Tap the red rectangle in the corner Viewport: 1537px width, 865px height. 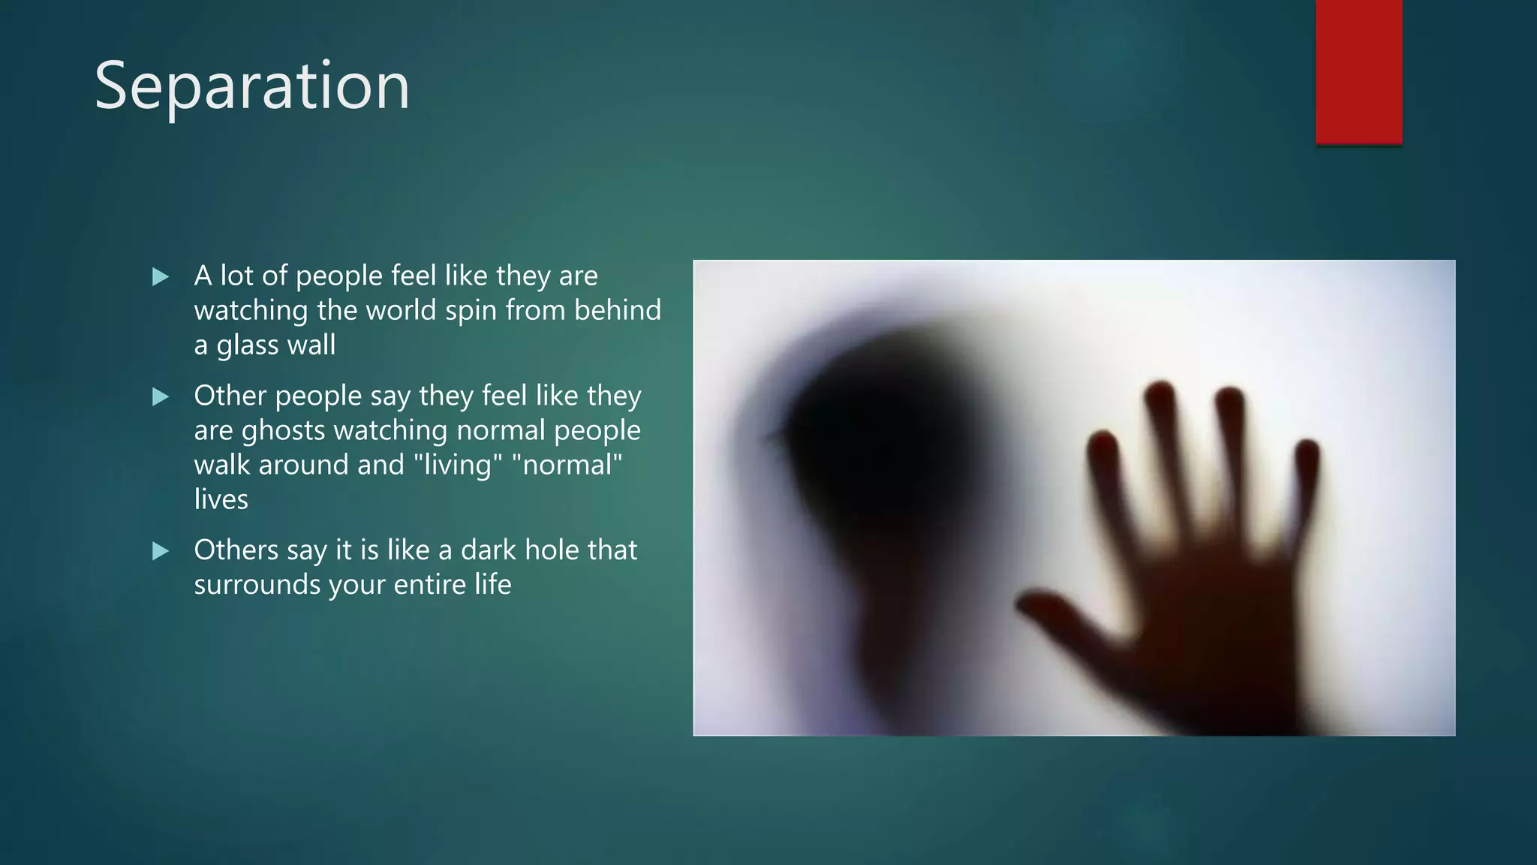(1358, 71)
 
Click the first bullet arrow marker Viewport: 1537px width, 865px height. (161, 277)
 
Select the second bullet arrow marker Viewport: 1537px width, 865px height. (161, 396)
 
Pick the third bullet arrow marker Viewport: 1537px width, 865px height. (161, 551)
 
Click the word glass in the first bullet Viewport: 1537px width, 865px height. (248, 345)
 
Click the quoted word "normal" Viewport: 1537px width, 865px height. (567, 465)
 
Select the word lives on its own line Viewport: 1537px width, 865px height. (221, 499)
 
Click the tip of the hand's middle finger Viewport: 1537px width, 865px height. (1160, 394)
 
